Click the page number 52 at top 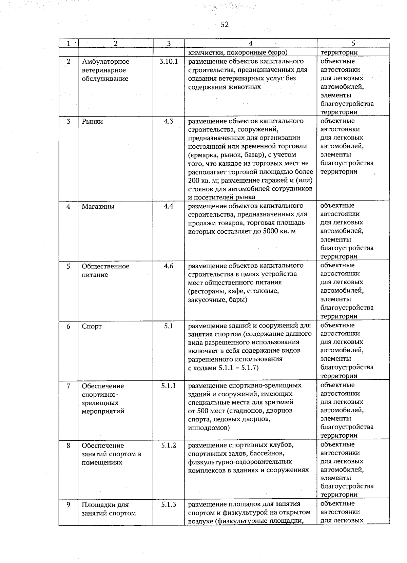225,25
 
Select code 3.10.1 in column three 169,62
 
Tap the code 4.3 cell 169,121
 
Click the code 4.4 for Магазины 169,206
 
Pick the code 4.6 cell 169,266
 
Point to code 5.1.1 169,385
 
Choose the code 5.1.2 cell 169,445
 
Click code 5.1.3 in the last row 169,504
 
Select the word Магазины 98,206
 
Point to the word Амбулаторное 105,62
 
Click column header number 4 250,43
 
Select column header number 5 353,43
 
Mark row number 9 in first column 68,505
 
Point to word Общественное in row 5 105,266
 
